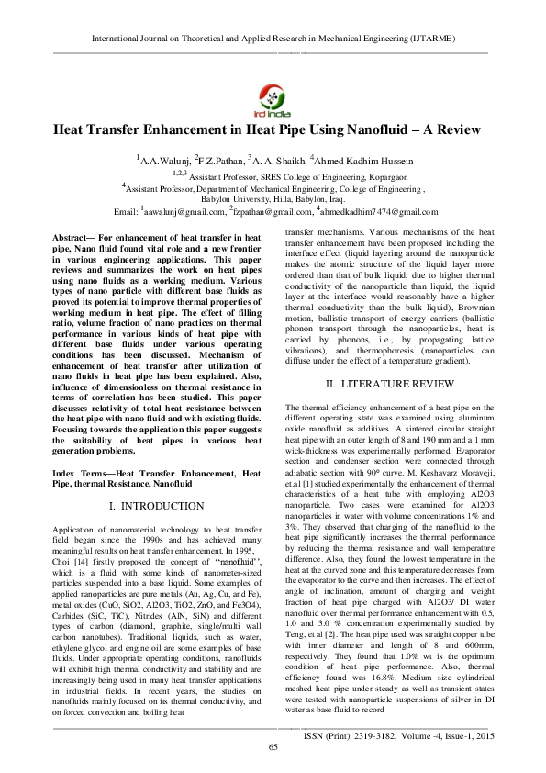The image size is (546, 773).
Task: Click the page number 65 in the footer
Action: pyautogui.click(x=273, y=747)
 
